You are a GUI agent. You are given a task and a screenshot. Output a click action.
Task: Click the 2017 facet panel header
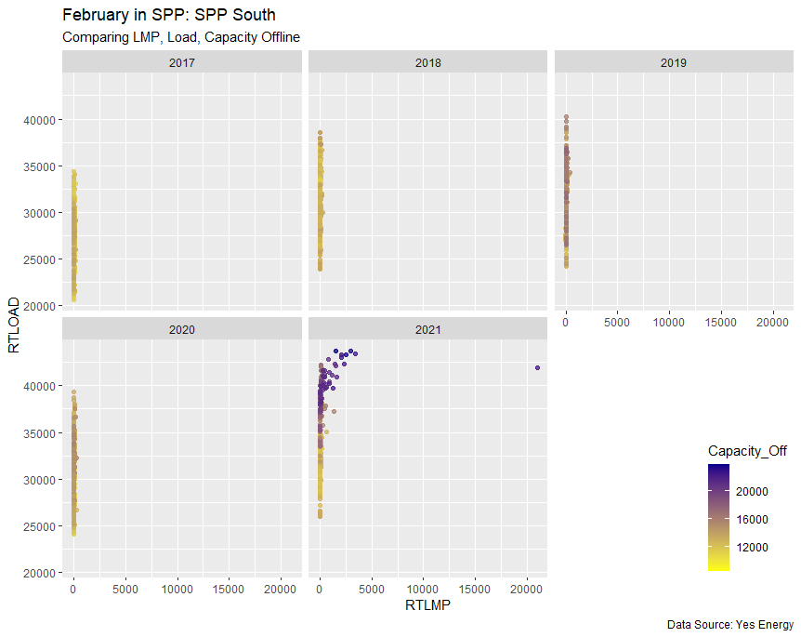point(182,63)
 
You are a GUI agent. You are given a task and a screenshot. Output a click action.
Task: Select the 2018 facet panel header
point(428,63)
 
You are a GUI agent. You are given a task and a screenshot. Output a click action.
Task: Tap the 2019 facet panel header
point(674,63)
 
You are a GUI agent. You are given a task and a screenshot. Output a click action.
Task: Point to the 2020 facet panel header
point(182,329)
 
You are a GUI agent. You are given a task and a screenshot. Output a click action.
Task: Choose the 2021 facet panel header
point(428,329)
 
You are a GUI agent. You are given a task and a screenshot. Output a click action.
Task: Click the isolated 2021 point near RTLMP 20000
point(537,367)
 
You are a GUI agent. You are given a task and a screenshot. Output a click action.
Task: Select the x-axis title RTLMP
point(427,606)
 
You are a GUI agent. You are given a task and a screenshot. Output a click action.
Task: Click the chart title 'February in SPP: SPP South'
point(168,16)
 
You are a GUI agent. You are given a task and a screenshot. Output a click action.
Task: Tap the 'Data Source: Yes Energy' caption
point(729,624)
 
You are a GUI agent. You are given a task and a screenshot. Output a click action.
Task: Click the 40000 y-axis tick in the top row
point(41,120)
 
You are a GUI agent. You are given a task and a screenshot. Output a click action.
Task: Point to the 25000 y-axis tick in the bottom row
point(41,526)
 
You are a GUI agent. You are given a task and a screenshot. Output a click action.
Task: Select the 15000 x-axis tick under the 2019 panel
point(721,322)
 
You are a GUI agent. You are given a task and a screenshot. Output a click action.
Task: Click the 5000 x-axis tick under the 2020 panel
point(125,588)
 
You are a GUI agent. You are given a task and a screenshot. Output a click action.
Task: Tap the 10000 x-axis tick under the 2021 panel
point(423,588)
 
